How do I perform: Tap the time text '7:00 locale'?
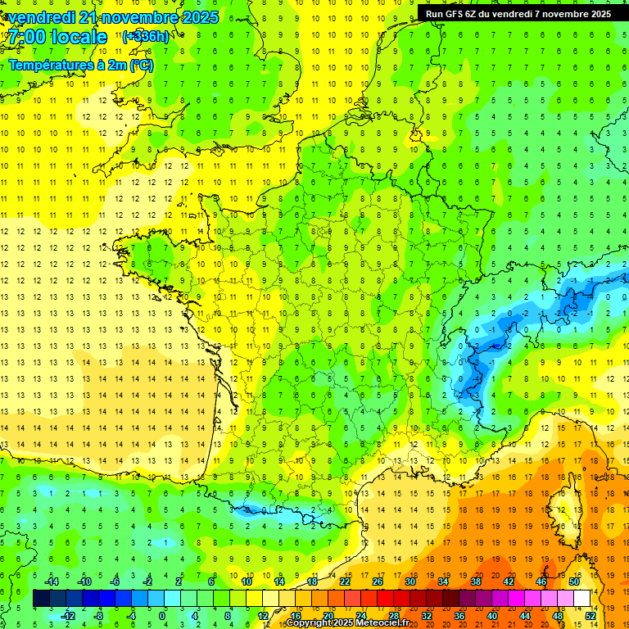[x=57, y=37]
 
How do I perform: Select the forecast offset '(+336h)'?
[x=146, y=37]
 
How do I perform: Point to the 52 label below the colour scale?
[x=591, y=616]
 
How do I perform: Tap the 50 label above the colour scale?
[x=573, y=581]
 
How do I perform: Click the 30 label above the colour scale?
[x=410, y=581]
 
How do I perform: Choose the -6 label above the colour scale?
[x=115, y=581]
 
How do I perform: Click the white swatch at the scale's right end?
[x=582, y=599]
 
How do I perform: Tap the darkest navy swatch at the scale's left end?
[x=41, y=599]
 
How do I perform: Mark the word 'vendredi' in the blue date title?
[x=42, y=17]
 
